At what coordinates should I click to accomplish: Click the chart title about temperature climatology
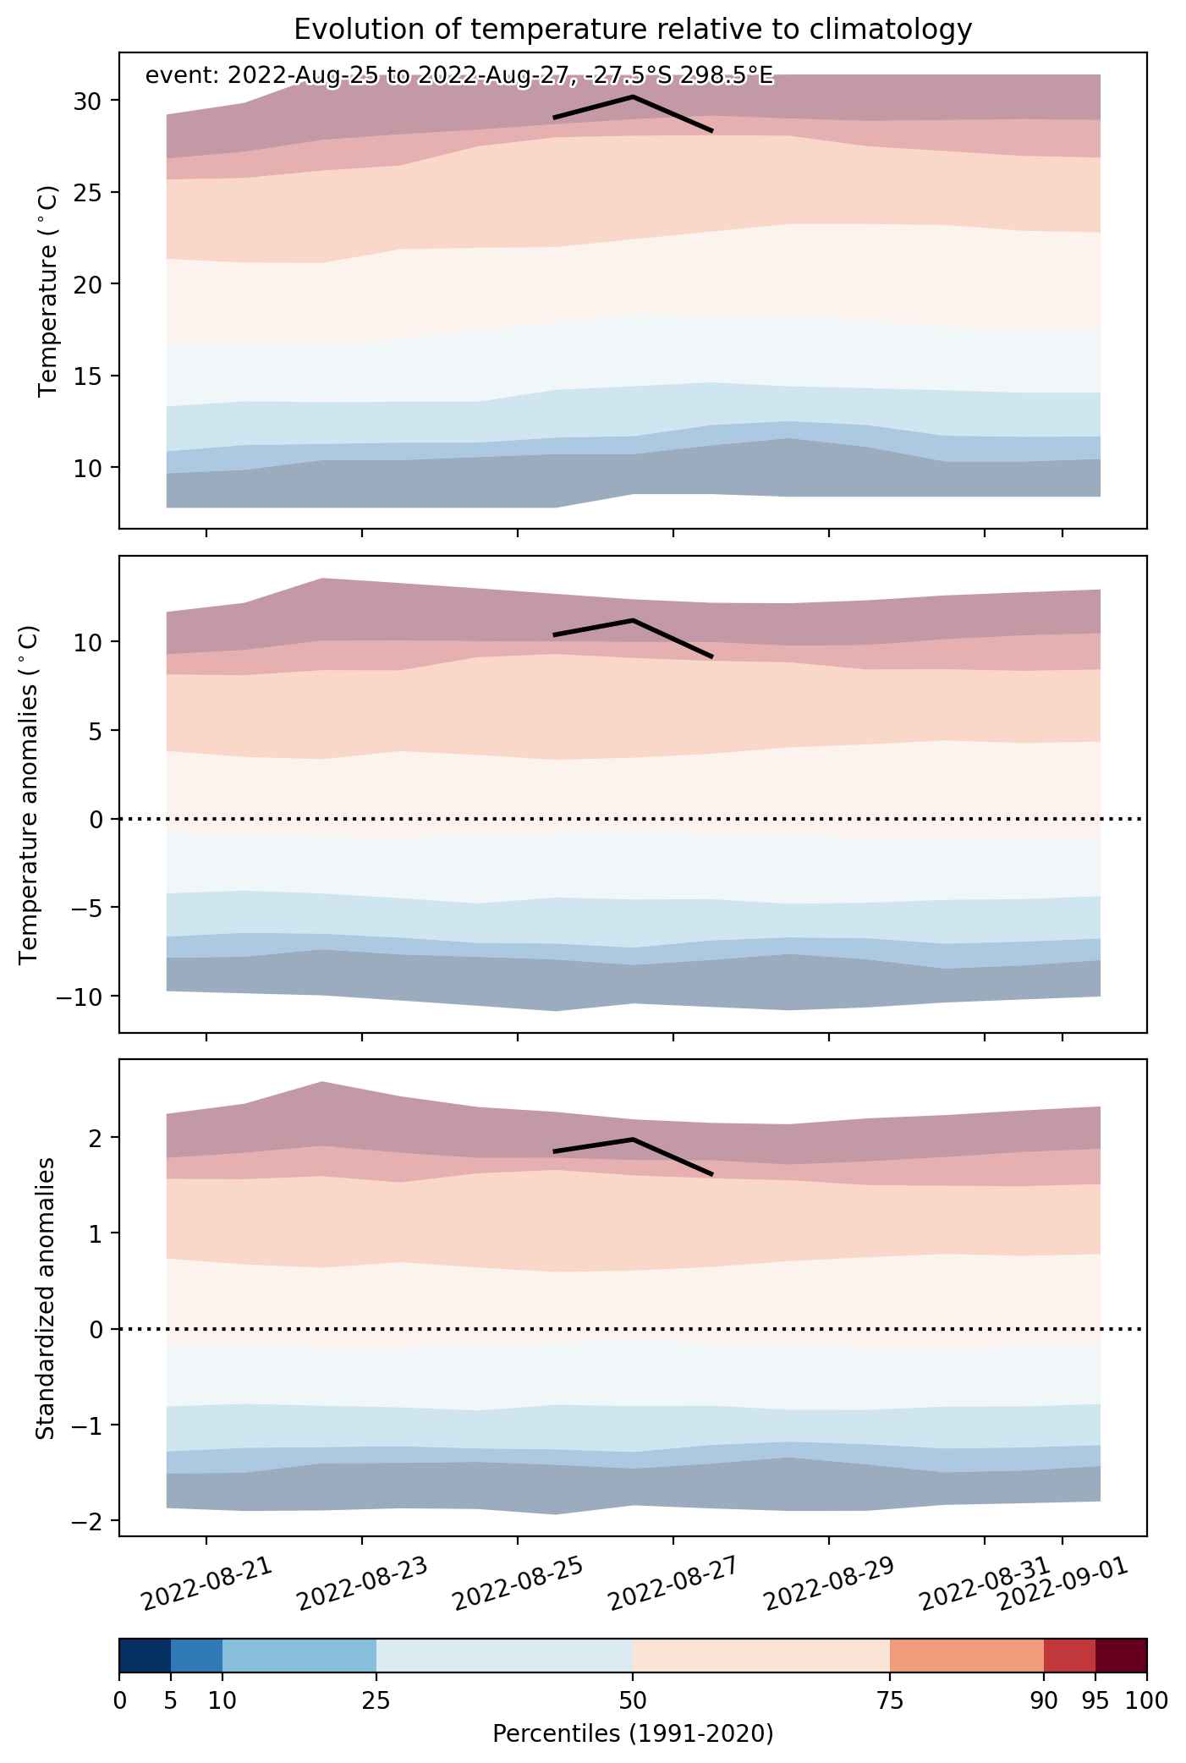(633, 30)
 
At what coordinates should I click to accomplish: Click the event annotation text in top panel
(459, 76)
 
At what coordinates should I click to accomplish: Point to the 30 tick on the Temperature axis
(92, 101)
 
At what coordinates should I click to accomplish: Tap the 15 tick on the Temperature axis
(92, 376)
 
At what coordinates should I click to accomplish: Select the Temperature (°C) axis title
(47, 290)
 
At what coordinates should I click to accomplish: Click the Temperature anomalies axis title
(29, 794)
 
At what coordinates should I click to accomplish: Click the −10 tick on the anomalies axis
(81, 996)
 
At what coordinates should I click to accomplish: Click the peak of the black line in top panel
(633, 96)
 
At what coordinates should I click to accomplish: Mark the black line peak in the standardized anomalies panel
(633, 1140)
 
